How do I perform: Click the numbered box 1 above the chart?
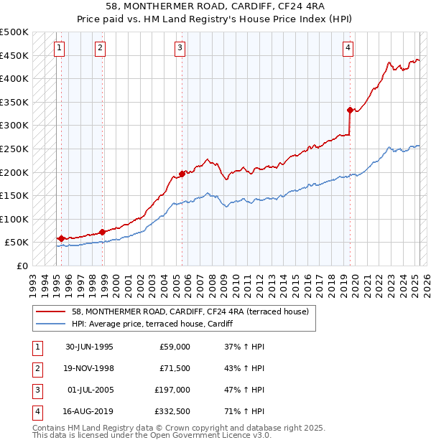point(58,48)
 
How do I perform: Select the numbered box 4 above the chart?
point(348,48)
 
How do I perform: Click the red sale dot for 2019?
point(350,110)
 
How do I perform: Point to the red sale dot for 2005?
point(182,173)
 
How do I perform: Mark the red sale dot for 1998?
point(103,232)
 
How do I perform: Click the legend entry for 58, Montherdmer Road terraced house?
point(190,311)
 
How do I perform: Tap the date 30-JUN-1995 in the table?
point(89,347)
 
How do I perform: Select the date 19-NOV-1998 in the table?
point(89,368)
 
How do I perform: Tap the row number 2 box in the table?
point(36,368)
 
